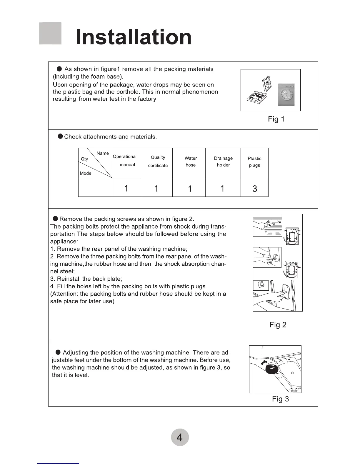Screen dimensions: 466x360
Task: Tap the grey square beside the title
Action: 50,33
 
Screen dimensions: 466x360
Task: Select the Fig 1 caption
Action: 276,119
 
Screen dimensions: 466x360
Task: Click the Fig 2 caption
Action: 278,325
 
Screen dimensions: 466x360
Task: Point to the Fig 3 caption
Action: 280,399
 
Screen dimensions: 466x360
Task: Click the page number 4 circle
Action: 180,437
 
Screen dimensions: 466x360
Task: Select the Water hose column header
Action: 191,162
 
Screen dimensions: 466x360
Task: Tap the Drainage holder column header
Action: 223,162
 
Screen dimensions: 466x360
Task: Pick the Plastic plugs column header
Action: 254,162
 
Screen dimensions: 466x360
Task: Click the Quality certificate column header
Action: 158,162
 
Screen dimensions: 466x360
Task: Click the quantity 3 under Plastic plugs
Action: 255,189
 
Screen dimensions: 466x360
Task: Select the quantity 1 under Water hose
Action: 190,189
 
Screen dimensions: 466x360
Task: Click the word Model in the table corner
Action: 86,173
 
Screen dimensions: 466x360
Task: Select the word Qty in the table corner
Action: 84,159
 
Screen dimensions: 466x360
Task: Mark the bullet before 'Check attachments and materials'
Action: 60,136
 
